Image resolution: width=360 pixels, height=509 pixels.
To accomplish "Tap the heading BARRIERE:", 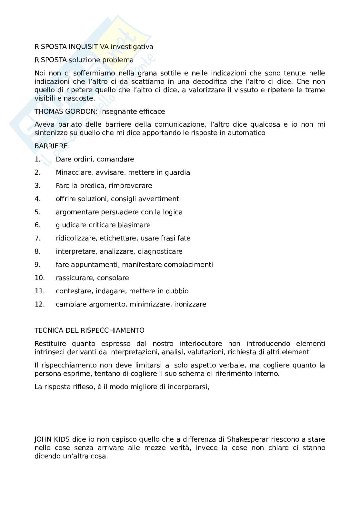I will coord(52,146).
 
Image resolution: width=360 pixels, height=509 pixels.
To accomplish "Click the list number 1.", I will coord(37,159).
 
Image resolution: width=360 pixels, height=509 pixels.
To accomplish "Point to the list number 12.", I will coord(40,304).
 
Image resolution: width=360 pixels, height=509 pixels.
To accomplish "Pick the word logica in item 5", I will coord(172,212).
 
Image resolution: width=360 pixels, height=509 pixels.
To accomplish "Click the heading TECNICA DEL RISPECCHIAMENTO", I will coord(89,330).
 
